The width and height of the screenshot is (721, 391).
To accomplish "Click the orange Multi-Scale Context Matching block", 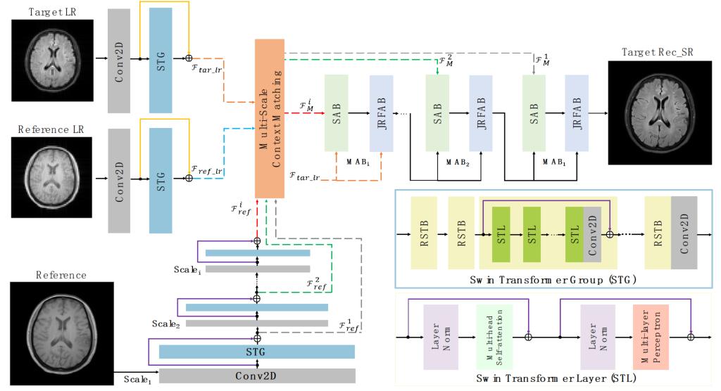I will pos(270,118).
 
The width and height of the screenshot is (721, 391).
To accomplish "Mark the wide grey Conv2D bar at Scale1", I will pos(258,376).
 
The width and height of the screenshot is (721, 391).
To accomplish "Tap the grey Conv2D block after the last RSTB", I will pos(684,232).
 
